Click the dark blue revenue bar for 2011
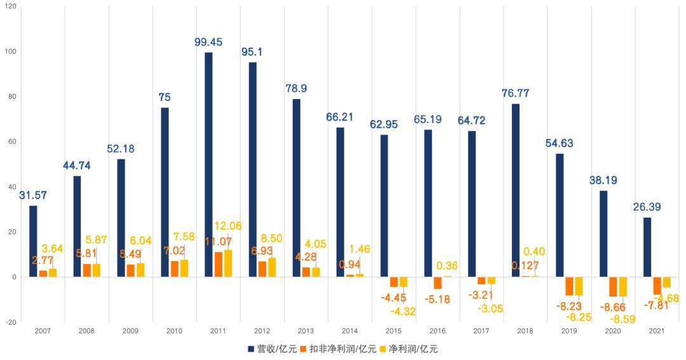click(209, 164)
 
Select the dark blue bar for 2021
click(647, 247)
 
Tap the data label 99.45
click(208, 42)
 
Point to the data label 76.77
click(515, 93)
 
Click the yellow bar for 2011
click(227, 263)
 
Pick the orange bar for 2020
click(613, 286)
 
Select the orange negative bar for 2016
click(438, 283)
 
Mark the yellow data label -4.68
click(668, 298)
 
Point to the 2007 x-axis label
click(43, 331)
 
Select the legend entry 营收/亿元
click(270, 349)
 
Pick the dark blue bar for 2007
click(33, 241)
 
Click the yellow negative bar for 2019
click(579, 286)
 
